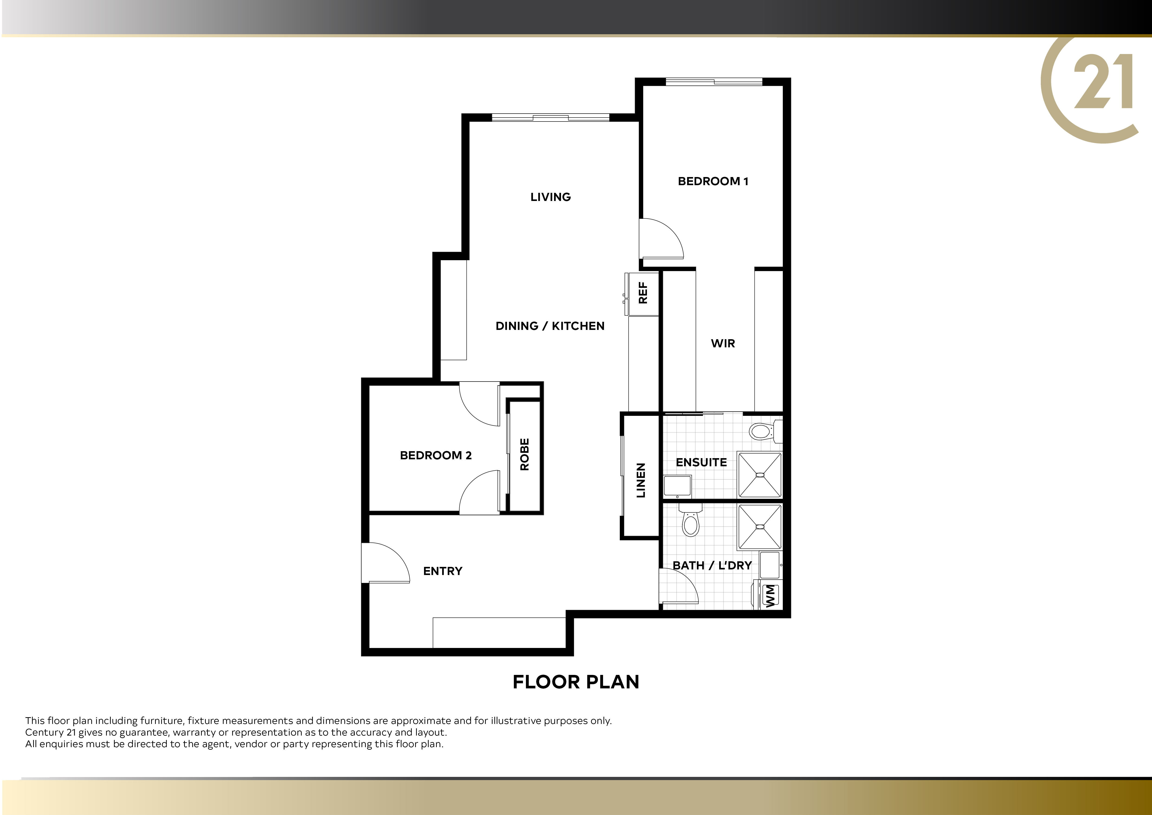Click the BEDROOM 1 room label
[x=713, y=181]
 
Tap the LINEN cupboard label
[x=641, y=480]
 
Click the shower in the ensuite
[x=760, y=475]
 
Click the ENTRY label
[x=443, y=571]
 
